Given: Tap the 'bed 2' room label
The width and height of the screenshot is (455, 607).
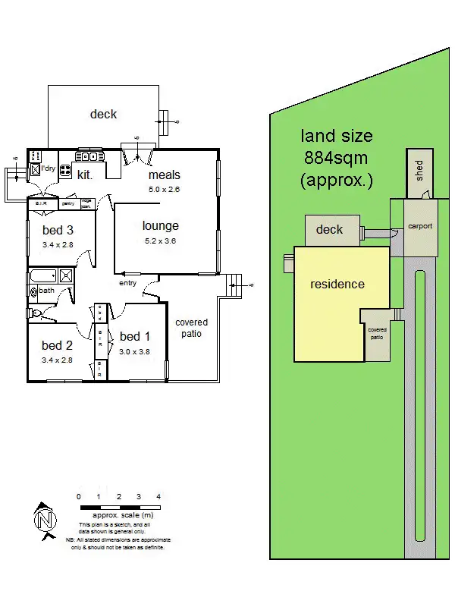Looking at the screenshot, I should tap(57, 346).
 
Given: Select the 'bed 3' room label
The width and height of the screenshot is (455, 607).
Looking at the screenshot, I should tap(58, 230).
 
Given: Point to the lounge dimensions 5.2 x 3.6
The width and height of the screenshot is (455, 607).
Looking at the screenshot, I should tap(160, 241).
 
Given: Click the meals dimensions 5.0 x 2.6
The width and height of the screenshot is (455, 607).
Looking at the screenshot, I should tap(164, 190).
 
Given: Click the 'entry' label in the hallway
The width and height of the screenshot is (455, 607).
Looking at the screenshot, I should tap(127, 283).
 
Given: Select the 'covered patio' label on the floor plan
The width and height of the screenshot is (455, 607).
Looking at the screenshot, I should tap(191, 328).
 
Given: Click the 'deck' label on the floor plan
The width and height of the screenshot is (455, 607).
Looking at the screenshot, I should tap(103, 114).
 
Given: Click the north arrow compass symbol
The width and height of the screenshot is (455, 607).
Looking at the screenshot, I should tap(45, 520).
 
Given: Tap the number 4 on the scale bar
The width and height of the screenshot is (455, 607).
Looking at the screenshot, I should tap(158, 496).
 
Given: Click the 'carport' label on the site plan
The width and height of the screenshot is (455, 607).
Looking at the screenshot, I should tap(419, 226).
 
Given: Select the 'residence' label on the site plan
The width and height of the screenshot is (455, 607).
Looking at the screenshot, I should tap(337, 285).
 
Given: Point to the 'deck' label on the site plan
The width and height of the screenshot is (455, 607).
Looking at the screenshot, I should tap(329, 229).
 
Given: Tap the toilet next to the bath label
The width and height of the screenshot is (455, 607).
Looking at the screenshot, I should tap(35, 313).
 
